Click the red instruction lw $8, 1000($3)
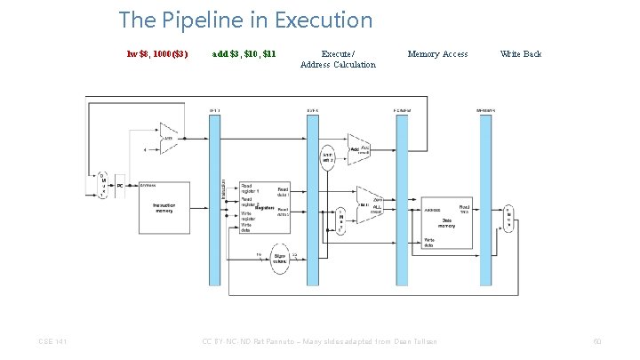point(157,54)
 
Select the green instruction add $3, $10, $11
point(244,54)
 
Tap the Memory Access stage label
point(437,54)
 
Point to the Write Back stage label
point(521,54)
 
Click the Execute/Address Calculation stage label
point(338,60)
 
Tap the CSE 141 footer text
point(52,340)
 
